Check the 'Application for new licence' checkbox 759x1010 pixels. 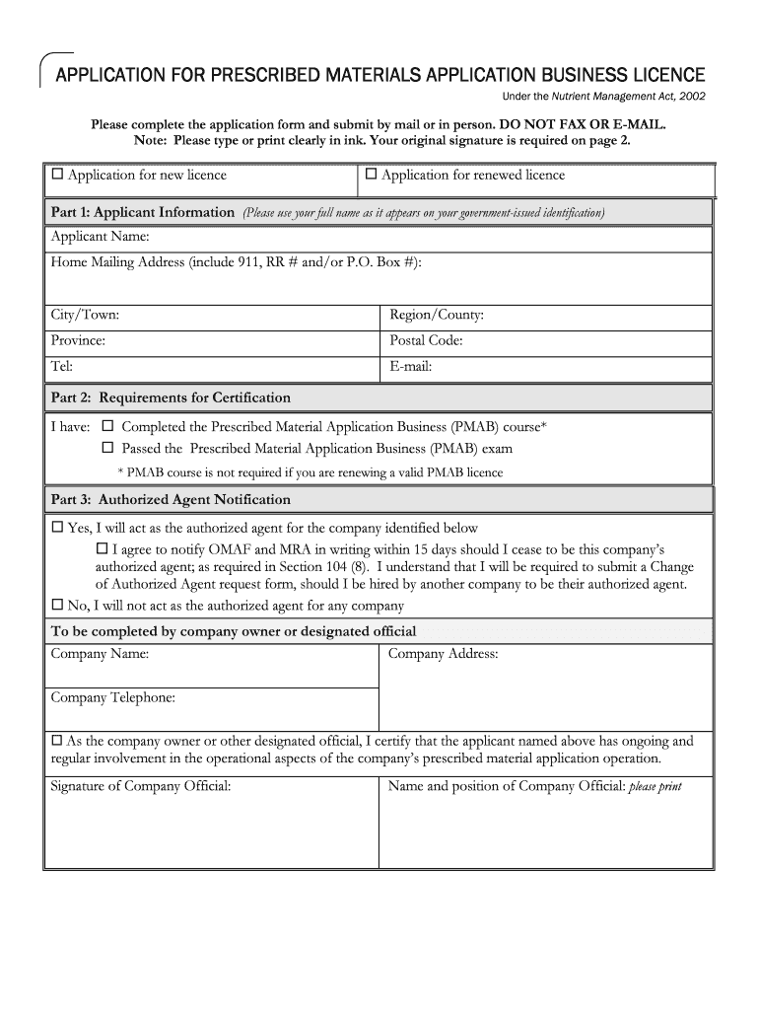point(57,175)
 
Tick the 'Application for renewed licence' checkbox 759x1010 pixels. point(372,175)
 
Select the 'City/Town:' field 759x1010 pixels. point(212,316)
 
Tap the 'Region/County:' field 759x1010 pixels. point(547,316)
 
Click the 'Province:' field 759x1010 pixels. point(212,341)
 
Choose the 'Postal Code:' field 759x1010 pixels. point(547,341)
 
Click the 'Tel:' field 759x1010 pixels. point(212,367)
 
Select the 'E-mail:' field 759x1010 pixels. point(547,367)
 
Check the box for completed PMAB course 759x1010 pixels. point(108,427)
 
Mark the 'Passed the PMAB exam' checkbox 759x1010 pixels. point(108,448)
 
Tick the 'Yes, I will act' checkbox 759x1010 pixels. point(57,528)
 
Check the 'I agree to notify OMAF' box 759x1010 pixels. point(102,547)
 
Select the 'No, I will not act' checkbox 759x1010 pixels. point(57,606)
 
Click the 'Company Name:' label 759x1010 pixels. point(100,654)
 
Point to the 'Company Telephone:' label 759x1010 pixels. point(112,698)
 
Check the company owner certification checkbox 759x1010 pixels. point(57,741)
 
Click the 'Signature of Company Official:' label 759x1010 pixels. point(140,786)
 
